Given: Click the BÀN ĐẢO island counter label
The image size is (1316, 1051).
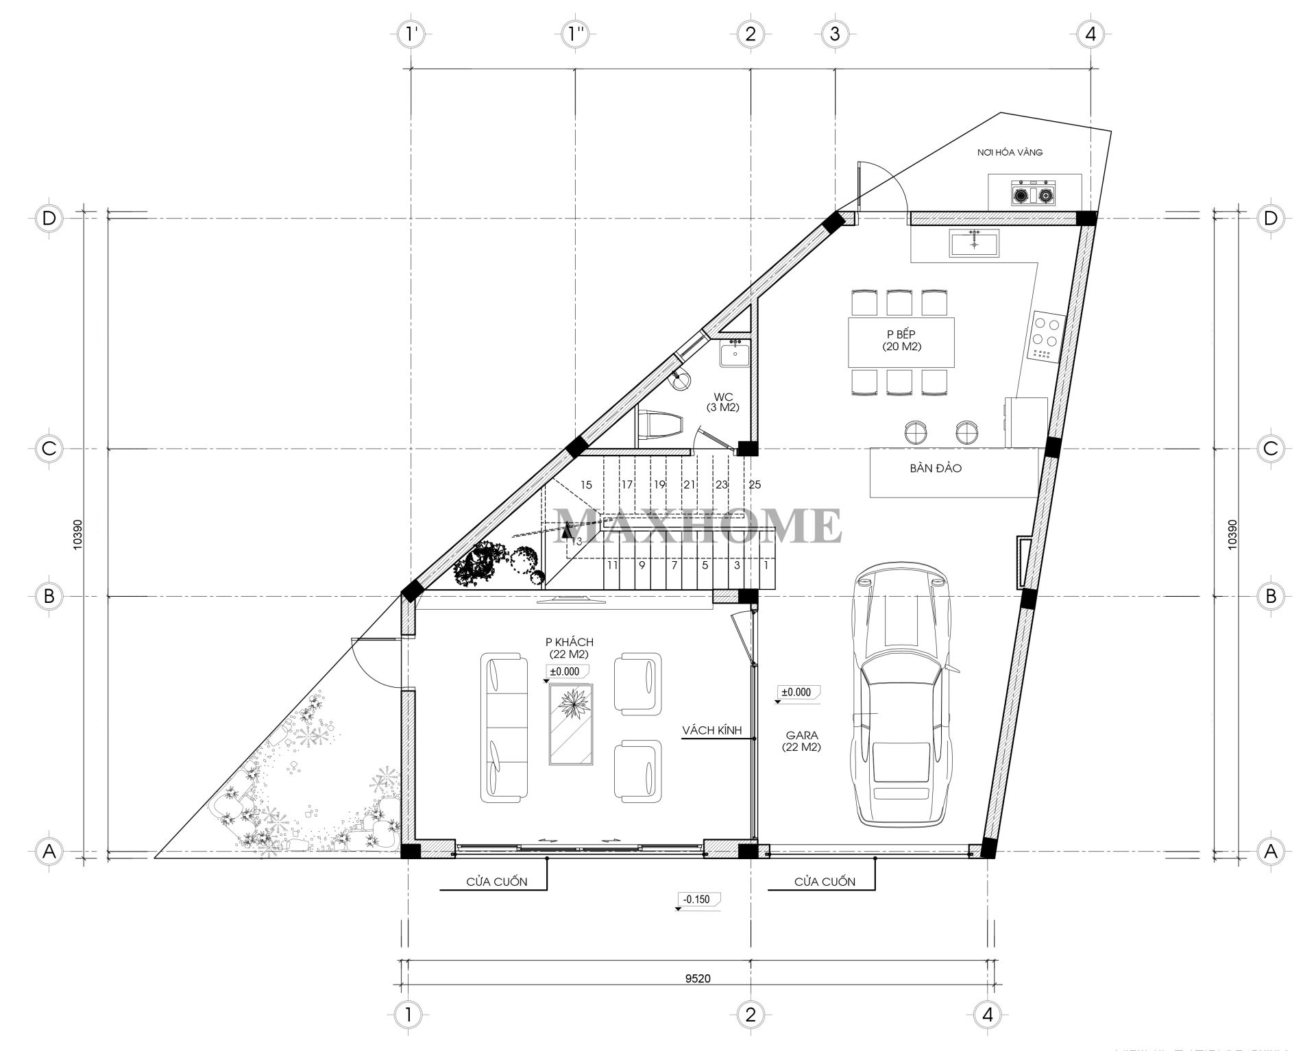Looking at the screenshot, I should click(x=936, y=469).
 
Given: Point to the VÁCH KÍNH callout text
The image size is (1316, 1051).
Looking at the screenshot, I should click(x=712, y=731).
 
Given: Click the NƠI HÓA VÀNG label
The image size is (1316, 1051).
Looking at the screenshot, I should click(x=1010, y=152).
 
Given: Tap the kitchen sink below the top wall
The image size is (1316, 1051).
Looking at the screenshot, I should click(x=974, y=243).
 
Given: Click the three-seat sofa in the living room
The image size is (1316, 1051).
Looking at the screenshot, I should click(x=506, y=728).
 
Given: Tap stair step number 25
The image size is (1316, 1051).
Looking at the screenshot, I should click(x=754, y=485).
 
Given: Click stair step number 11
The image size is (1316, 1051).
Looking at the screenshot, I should click(x=612, y=566).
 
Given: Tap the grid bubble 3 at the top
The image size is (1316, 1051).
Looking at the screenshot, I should click(x=834, y=34).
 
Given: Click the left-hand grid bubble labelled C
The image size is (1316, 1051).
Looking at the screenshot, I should click(x=49, y=448).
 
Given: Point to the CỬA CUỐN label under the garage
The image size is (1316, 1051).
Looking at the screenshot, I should click(x=825, y=882).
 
